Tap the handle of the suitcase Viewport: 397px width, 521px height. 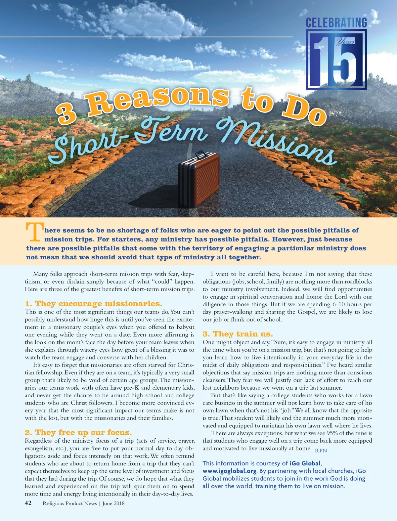tap(200, 154)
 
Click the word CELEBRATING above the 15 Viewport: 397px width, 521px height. tap(336, 23)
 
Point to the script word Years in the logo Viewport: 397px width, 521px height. tap(346, 42)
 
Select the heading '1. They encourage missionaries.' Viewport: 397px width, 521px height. tap(94, 304)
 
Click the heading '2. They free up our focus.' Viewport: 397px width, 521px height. tap(78, 433)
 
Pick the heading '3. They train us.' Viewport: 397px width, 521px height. tap(238, 334)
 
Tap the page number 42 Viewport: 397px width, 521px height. tap(28, 503)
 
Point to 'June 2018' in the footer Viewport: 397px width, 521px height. tap(113, 503)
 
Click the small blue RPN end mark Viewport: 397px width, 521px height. tap(321, 451)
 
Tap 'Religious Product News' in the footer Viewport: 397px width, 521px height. tap(69, 503)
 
